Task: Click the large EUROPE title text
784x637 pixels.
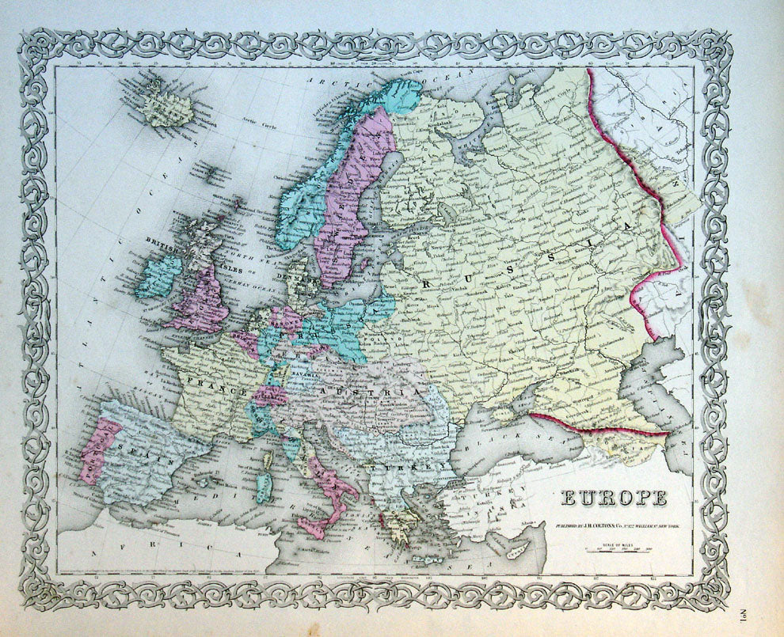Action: pos(614,499)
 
